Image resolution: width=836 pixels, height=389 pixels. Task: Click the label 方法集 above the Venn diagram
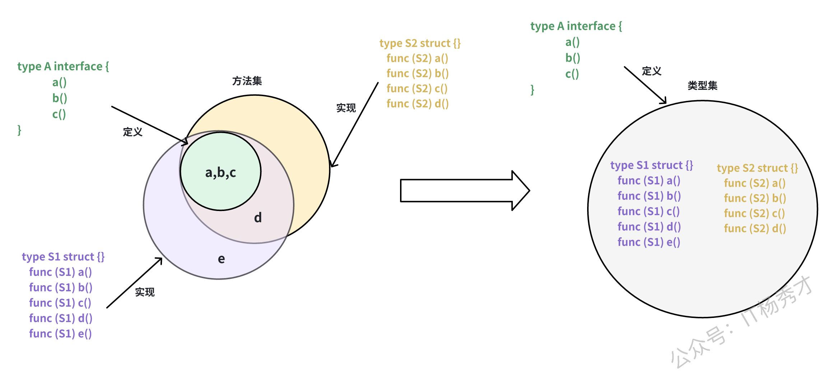tap(247, 81)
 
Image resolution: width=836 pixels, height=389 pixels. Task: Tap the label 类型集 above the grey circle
tap(702, 86)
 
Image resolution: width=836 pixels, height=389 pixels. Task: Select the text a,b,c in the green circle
tap(220, 173)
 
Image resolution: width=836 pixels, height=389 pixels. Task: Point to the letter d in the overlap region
tap(258, 217)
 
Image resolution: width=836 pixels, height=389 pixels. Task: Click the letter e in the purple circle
tap(221, 259)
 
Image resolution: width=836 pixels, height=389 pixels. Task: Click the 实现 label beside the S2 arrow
tap(346, 108)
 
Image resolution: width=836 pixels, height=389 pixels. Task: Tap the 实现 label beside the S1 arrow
tap(145, 292)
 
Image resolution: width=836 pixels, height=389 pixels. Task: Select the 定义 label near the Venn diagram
tap(133, 132)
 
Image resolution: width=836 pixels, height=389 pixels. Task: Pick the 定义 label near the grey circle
tap(651, 71)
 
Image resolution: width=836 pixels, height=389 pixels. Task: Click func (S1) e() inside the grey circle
tap(649, 242)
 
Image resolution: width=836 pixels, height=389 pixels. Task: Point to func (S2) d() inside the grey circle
tap(755, 229)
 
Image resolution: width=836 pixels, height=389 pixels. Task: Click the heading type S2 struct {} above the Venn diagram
tap(420, 43)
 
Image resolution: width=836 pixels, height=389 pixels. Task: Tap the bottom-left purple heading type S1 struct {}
tap(63, 257)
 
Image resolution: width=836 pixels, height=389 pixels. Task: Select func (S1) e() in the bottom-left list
tap(60, 334)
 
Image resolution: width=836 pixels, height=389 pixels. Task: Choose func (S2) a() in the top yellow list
tap(417, 58)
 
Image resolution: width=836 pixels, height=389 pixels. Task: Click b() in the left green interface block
tap(60, 98)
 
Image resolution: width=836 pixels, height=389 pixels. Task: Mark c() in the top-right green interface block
tap(572, 74)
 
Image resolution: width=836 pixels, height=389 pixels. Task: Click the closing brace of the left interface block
tap(19, 130)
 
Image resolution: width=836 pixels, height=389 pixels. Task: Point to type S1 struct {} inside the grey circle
tap(651, 165)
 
